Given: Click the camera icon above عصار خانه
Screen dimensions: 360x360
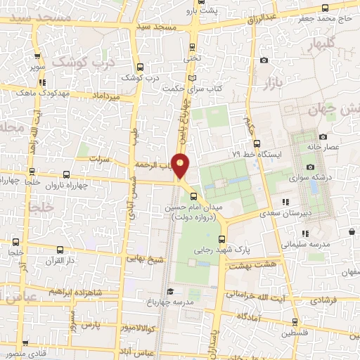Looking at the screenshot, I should coord(323,136).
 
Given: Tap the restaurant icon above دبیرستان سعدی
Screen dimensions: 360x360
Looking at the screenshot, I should coord(284,202).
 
